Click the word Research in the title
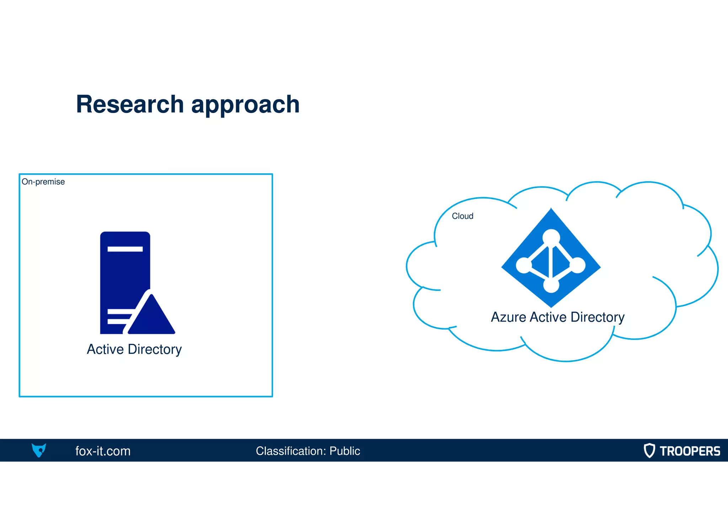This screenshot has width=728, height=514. coord(130,104)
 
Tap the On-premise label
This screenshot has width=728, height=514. coord(43,182)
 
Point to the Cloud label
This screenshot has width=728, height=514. coord(462,216)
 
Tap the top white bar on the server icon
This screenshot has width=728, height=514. coord(125,249)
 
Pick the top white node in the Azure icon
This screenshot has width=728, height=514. coord(551,237)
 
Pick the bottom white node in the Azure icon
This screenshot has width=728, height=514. coord(551,285)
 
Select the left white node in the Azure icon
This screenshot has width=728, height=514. coord(524,265)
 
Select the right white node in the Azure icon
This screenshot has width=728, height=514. coord(578,265)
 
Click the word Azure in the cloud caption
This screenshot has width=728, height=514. coord(508,317)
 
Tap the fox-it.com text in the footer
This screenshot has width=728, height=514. coord(103,451)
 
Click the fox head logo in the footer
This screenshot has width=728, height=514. coord(39,450)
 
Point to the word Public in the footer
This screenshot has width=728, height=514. coord(344,451)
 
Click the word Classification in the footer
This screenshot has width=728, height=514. coord(291,451)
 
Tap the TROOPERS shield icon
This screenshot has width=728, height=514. coord(649,450)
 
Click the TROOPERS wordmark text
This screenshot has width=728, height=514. coord(690,451)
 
